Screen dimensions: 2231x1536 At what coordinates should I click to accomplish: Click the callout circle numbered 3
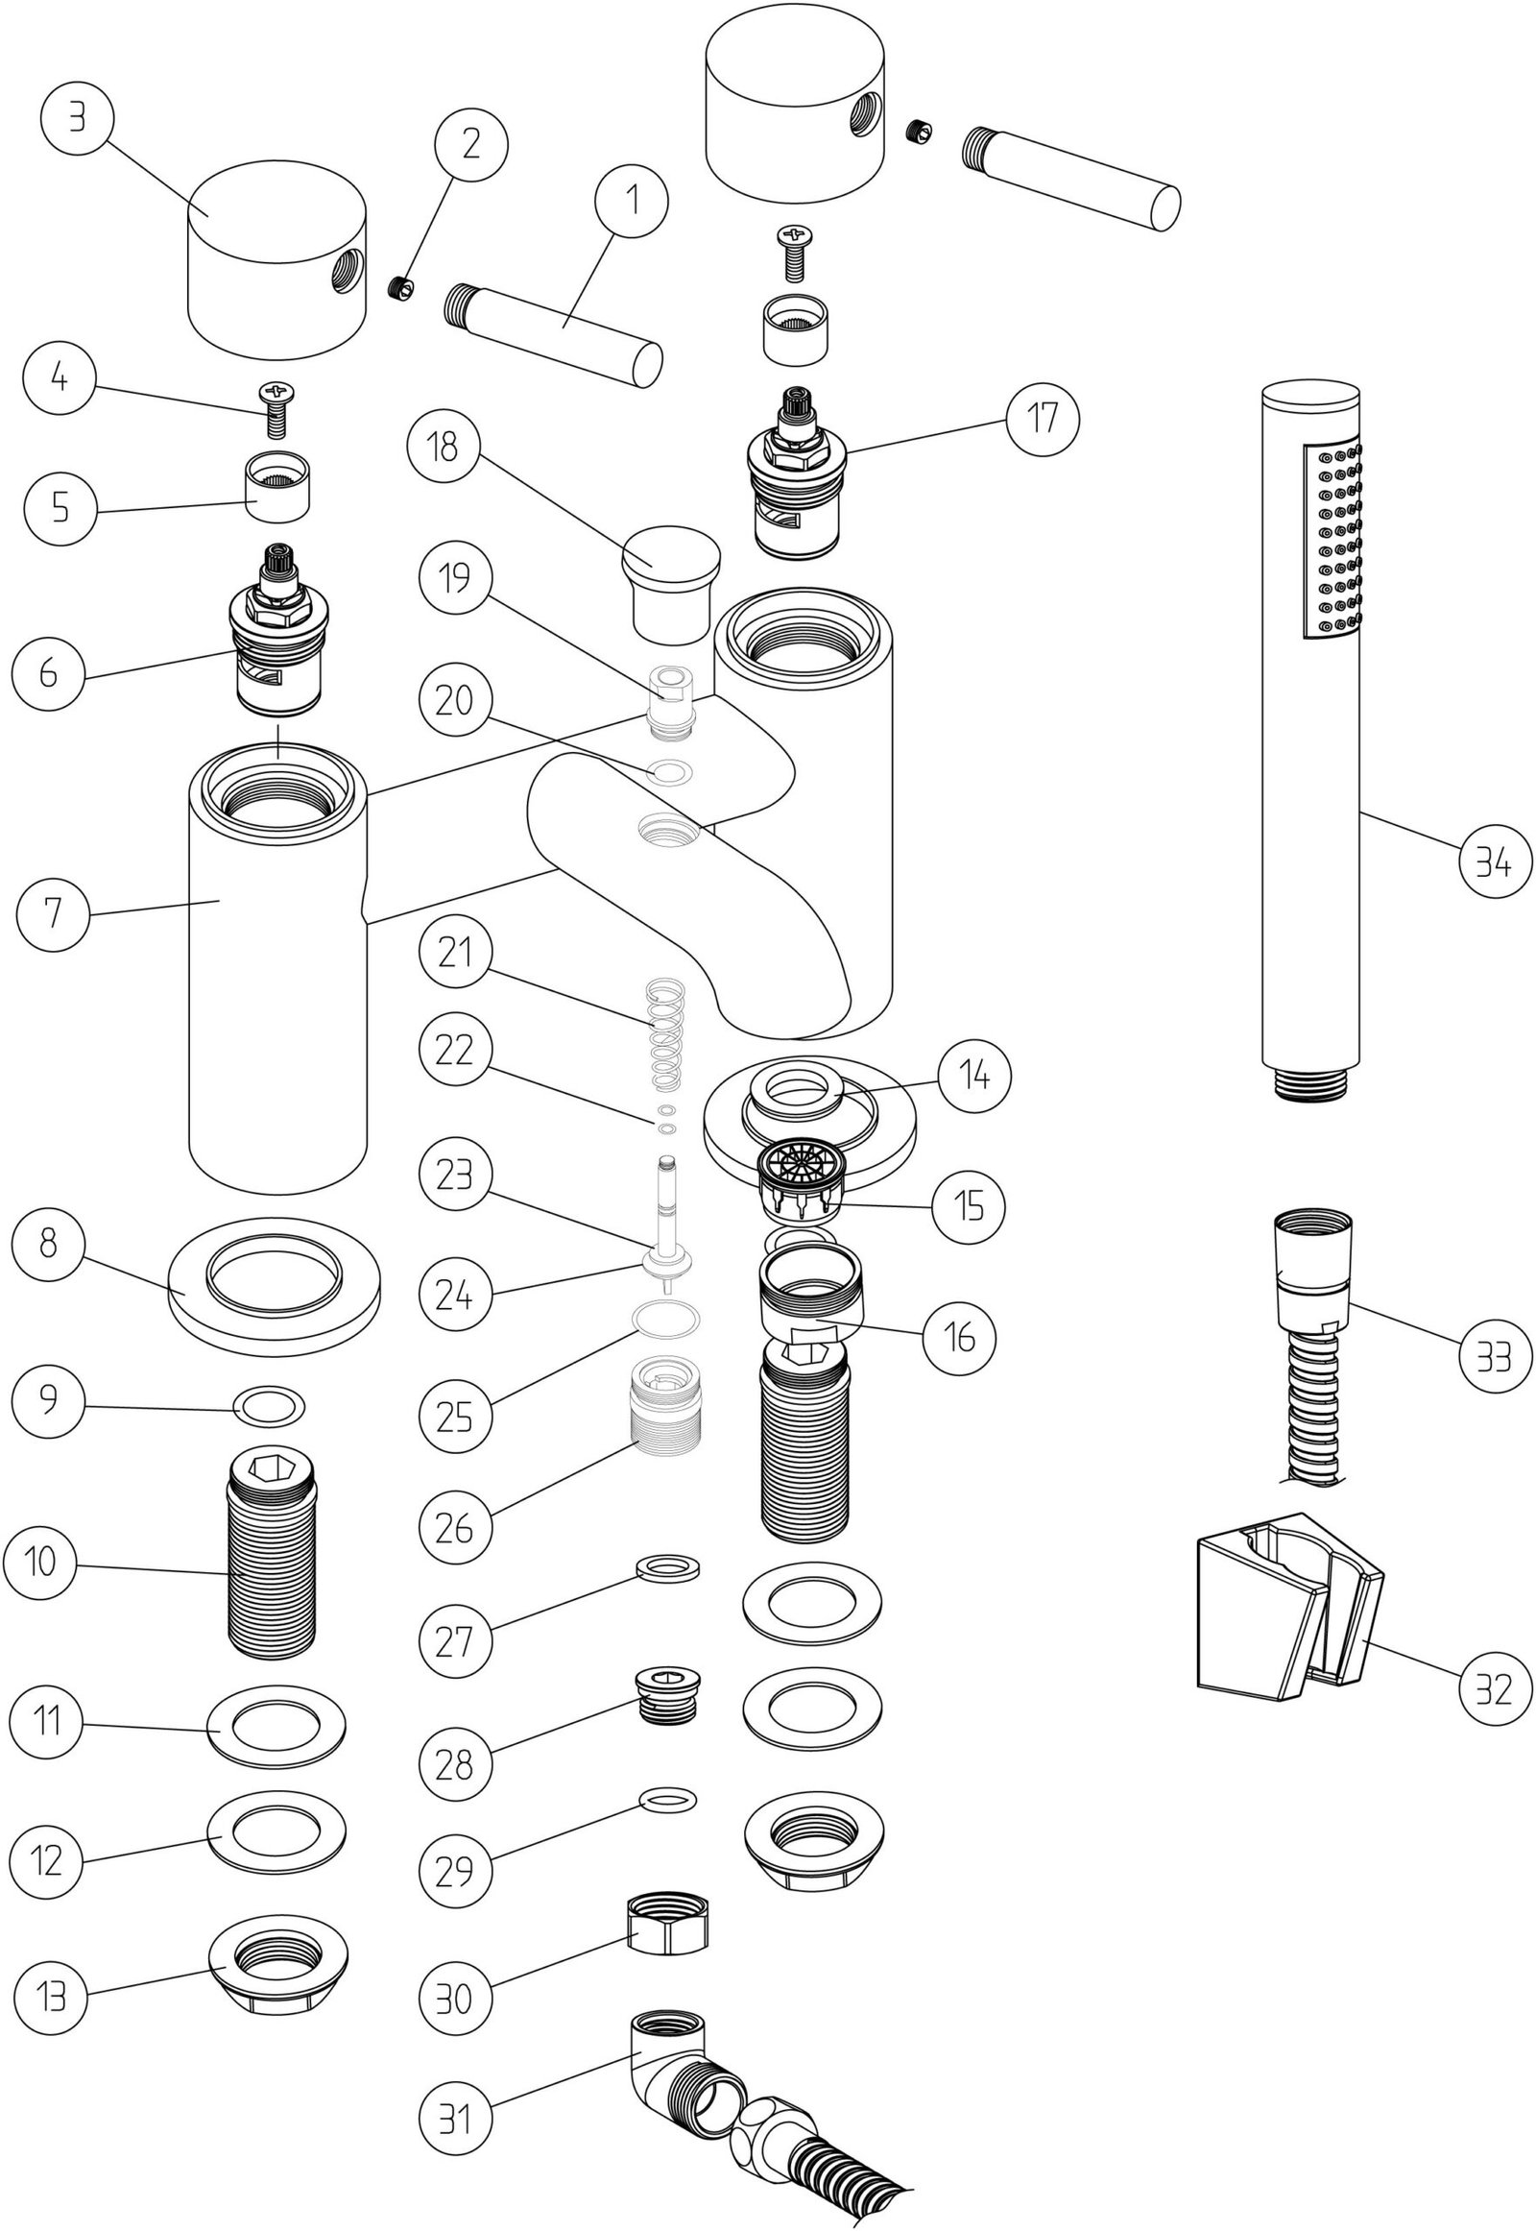tap(77, 119)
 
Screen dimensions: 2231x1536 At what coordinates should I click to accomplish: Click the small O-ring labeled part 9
tap(269, 1408)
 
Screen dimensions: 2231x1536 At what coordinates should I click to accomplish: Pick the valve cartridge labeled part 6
tap(278, 636)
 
